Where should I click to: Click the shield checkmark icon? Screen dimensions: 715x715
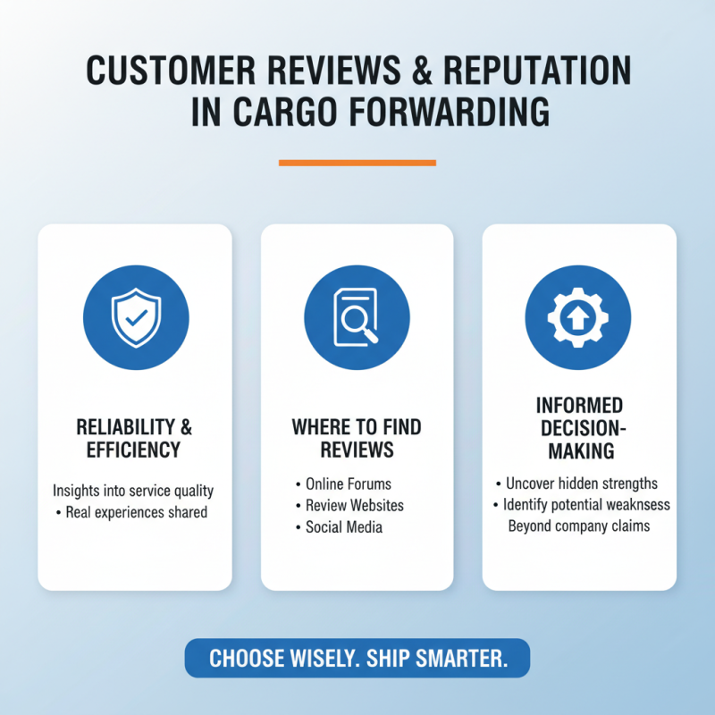coord(135,318)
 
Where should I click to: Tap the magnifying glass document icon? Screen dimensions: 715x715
coord(357,318)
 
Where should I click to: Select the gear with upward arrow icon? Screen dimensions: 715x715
coord(577,318)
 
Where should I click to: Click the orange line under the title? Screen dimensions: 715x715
coord(357,163)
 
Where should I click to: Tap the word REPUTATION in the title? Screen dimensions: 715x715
coord(527,71)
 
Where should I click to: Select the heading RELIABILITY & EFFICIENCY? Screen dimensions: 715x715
coord(135,438)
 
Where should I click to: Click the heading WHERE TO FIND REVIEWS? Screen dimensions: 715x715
coord(357,438)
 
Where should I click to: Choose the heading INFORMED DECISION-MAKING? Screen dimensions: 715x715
coord(579,428)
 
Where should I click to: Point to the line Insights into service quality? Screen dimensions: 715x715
coord(133,491)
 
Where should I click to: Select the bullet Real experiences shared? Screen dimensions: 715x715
coord(137,512)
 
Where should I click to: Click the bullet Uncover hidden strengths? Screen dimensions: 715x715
coord(581,484)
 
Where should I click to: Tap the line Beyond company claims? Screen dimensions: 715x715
coord(579,526)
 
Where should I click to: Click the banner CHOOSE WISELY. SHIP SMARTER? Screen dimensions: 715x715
coord(357,659)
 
